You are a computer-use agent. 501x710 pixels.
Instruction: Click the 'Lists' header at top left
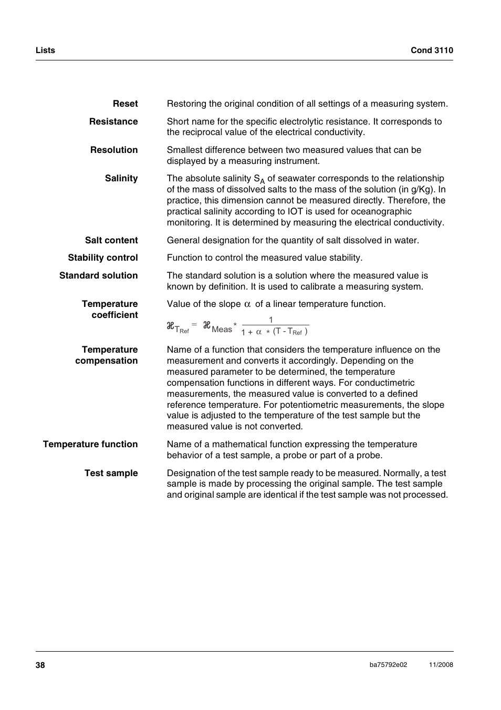point(45,50)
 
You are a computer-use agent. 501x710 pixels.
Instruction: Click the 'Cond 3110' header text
point(432,50)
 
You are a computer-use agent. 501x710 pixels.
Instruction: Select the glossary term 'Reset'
point(125,104)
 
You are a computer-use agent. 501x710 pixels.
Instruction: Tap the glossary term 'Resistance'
point(113,121)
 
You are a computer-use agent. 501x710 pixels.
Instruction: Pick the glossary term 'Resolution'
point(114,150)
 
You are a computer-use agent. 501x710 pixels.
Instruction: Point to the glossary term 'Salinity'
point(121,178)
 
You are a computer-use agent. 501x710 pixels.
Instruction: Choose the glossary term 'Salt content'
point(111,240)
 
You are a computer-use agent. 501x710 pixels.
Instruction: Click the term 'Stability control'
point(103,258)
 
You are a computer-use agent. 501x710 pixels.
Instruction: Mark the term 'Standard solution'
point(99,275)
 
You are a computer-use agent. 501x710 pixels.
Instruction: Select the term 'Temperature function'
point(90,444)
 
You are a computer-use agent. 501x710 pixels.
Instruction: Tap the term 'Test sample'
point(111,473)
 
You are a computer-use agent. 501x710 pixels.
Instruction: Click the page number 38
point(40,665)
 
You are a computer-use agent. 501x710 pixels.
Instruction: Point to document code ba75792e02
point(388,665)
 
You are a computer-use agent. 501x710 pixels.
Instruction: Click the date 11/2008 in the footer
point(441,665)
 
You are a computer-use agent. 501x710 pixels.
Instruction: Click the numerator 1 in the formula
point(271,320)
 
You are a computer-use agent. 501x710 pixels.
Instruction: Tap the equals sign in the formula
point(194,325)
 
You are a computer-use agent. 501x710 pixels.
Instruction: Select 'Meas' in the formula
point(222,330)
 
